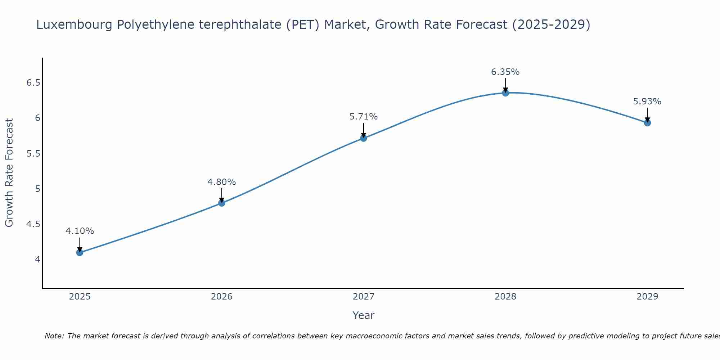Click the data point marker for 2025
point(80,252)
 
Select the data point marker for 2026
point(221,203)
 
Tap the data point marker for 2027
point(363,138)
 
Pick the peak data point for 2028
point(505,93)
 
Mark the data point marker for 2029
point(647,123)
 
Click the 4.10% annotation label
point(80,231)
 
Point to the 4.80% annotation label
point(221,182)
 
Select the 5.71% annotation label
point(363,117)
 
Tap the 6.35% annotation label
point(505,72)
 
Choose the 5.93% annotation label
point(647,102)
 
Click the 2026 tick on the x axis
point(221,297)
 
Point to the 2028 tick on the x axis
point(505,297)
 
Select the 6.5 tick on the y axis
point(33,83)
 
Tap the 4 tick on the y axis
point(37,260)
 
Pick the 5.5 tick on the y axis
point(33,154)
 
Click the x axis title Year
point(363,315)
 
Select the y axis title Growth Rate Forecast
point(9,173)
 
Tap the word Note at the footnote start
point(54,336)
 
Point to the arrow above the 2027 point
point(363,130)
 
